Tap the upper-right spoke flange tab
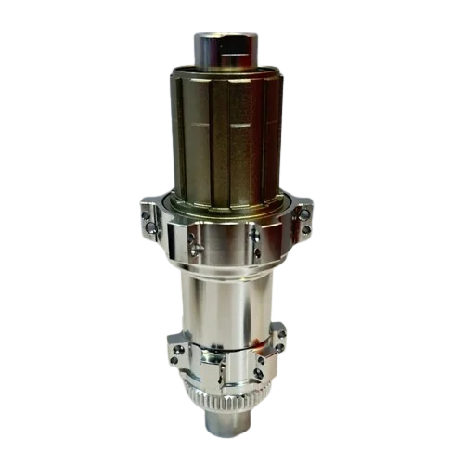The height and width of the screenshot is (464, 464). (303, 219)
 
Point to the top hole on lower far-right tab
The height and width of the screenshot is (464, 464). (279, 327)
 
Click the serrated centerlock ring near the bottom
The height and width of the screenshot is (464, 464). (226, 402)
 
